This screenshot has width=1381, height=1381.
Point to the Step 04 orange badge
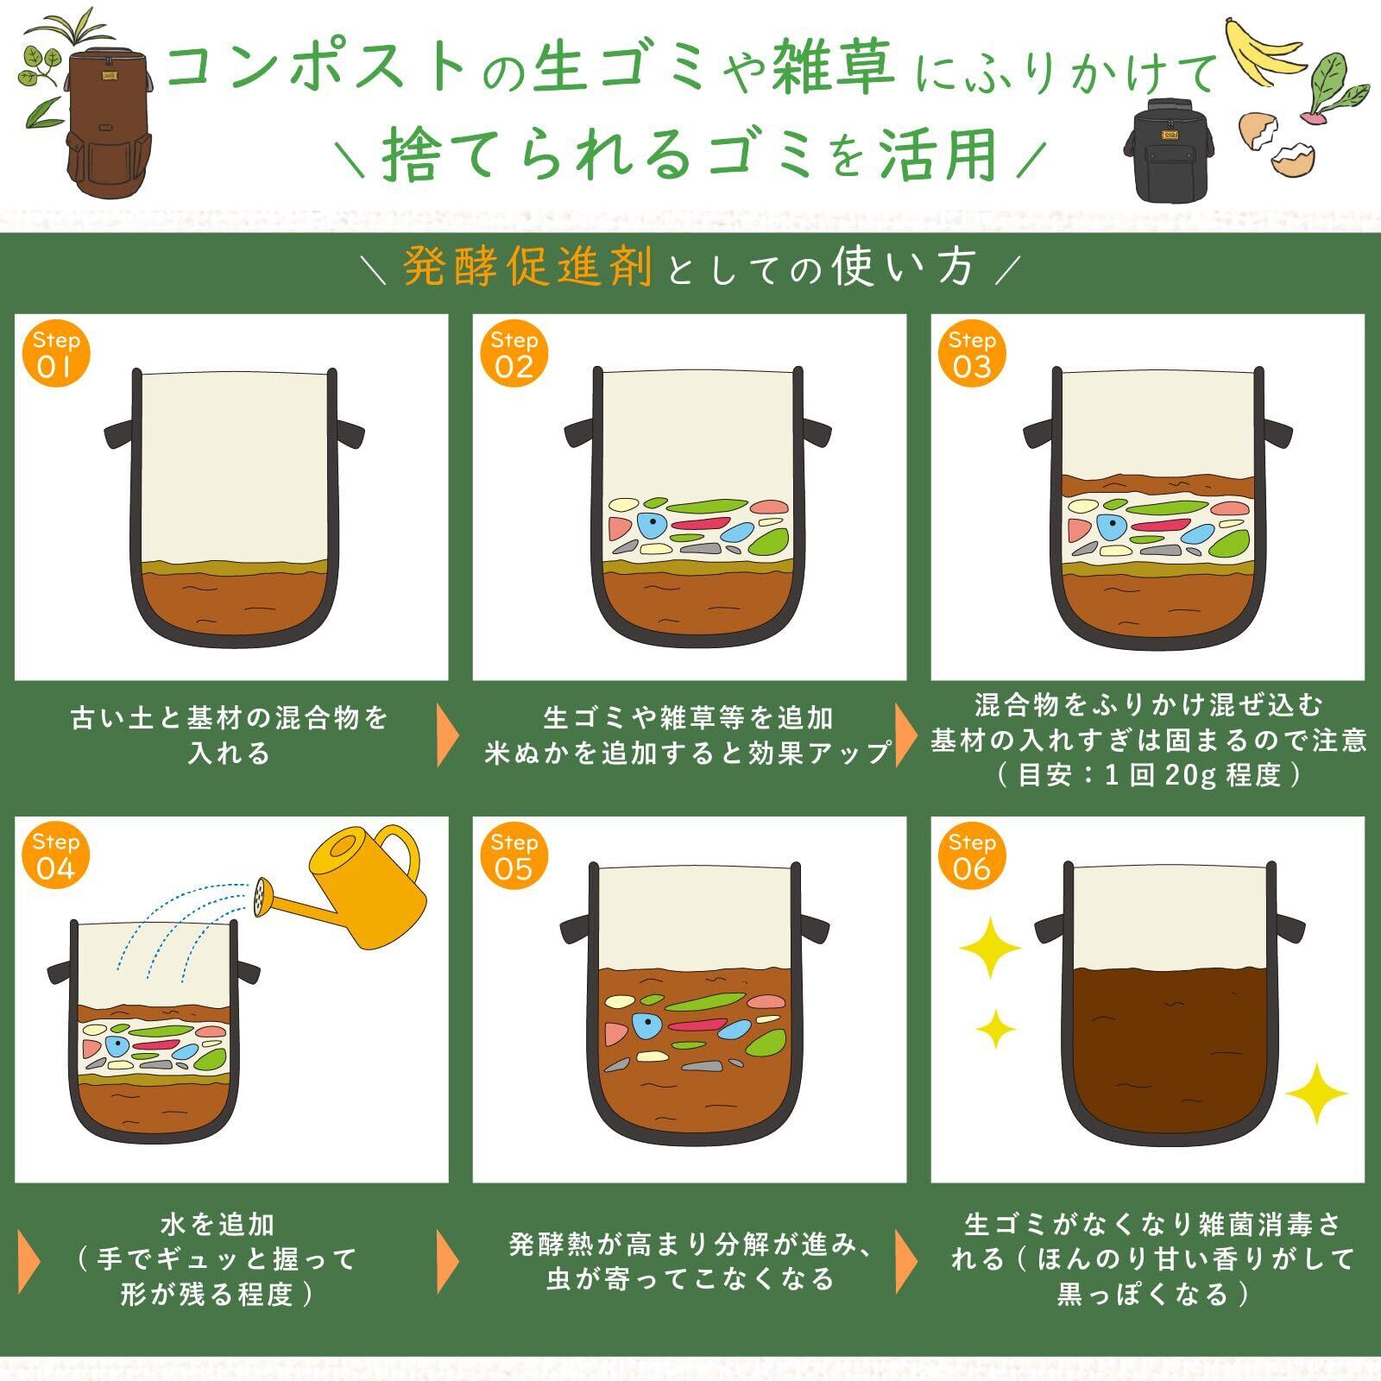56,857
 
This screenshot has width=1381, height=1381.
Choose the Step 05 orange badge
514,857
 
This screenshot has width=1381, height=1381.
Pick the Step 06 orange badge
972,857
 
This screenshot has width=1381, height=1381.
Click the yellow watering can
354,889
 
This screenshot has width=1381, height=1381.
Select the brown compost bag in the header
104,112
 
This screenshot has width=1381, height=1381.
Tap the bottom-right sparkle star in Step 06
1317,1093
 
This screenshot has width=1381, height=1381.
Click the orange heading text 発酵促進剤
528,268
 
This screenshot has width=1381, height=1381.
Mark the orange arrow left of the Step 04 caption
28,1261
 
